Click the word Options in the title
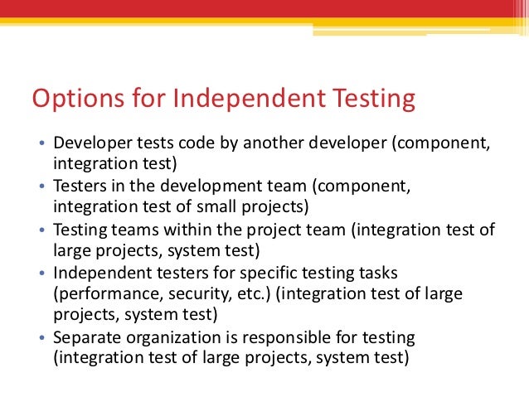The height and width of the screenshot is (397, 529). pos(75,99)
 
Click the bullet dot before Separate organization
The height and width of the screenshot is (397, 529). pos(43,338)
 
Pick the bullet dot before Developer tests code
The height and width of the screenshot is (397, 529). pos(43,144)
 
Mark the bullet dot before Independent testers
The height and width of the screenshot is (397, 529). pos(43,274)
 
